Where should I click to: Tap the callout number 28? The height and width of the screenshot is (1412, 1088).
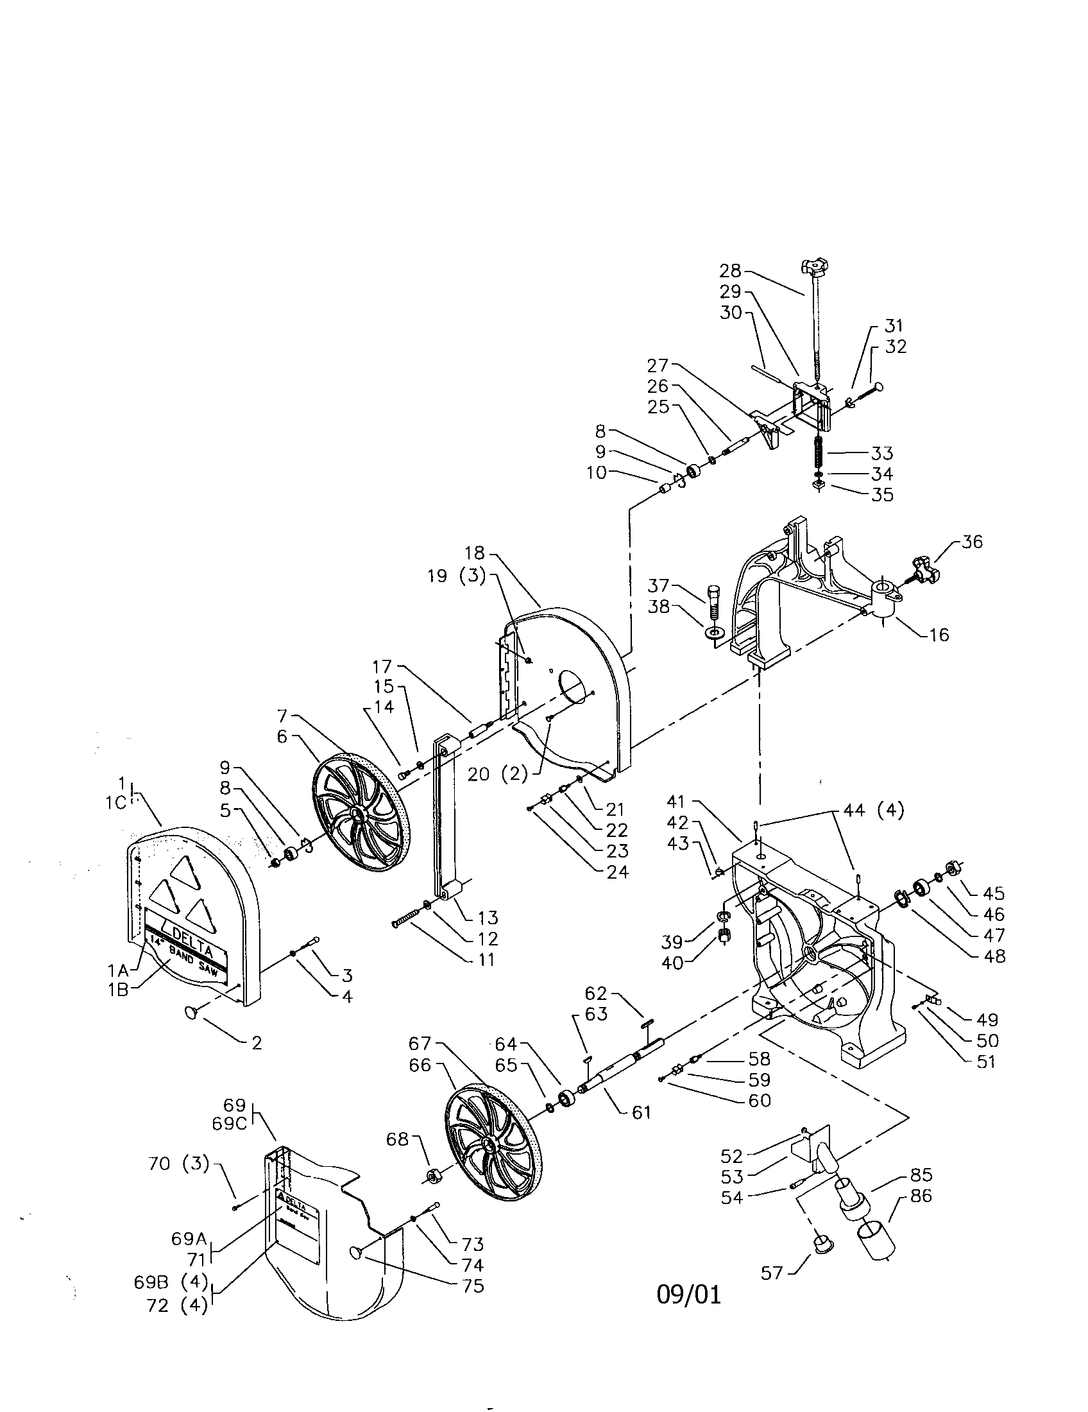[731, 271]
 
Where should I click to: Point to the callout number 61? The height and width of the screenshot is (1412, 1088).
[640, 1112]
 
